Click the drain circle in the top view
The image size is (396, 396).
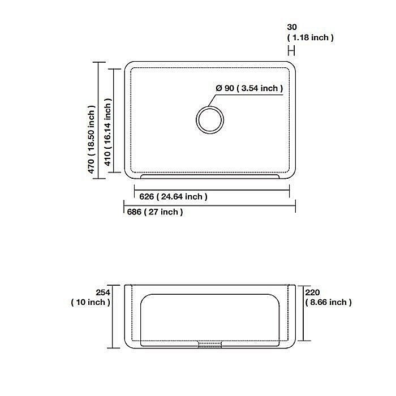pyautogui.click(x=210, y=120)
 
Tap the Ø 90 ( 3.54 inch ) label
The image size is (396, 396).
pyautogui.click(x=249, y=88)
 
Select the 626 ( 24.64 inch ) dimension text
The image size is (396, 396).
pyautogui.click(x=173, y=196)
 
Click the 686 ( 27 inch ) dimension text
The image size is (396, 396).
pyautogui.click(x=154, y=212)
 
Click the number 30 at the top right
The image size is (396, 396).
pyautogui.click(x=292, y=27)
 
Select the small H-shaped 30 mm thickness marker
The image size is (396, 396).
pyautogui.click(x=291, y=50)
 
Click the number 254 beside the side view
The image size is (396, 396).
pyautogui.click(x=102, y=292)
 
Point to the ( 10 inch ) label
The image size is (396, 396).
pyautogui.click(x=91, y=302)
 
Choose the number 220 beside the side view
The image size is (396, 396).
pyautogui.click(x=312, y=292)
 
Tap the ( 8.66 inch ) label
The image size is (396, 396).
pyautogui.click(x=328, y=302)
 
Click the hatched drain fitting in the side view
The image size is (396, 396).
pyautogui.click(x=209, y=344)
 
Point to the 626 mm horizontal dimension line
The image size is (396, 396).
pyautogui.click(x=212, y=190)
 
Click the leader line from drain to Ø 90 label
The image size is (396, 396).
pyautogui.click(x=249, y=95)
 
